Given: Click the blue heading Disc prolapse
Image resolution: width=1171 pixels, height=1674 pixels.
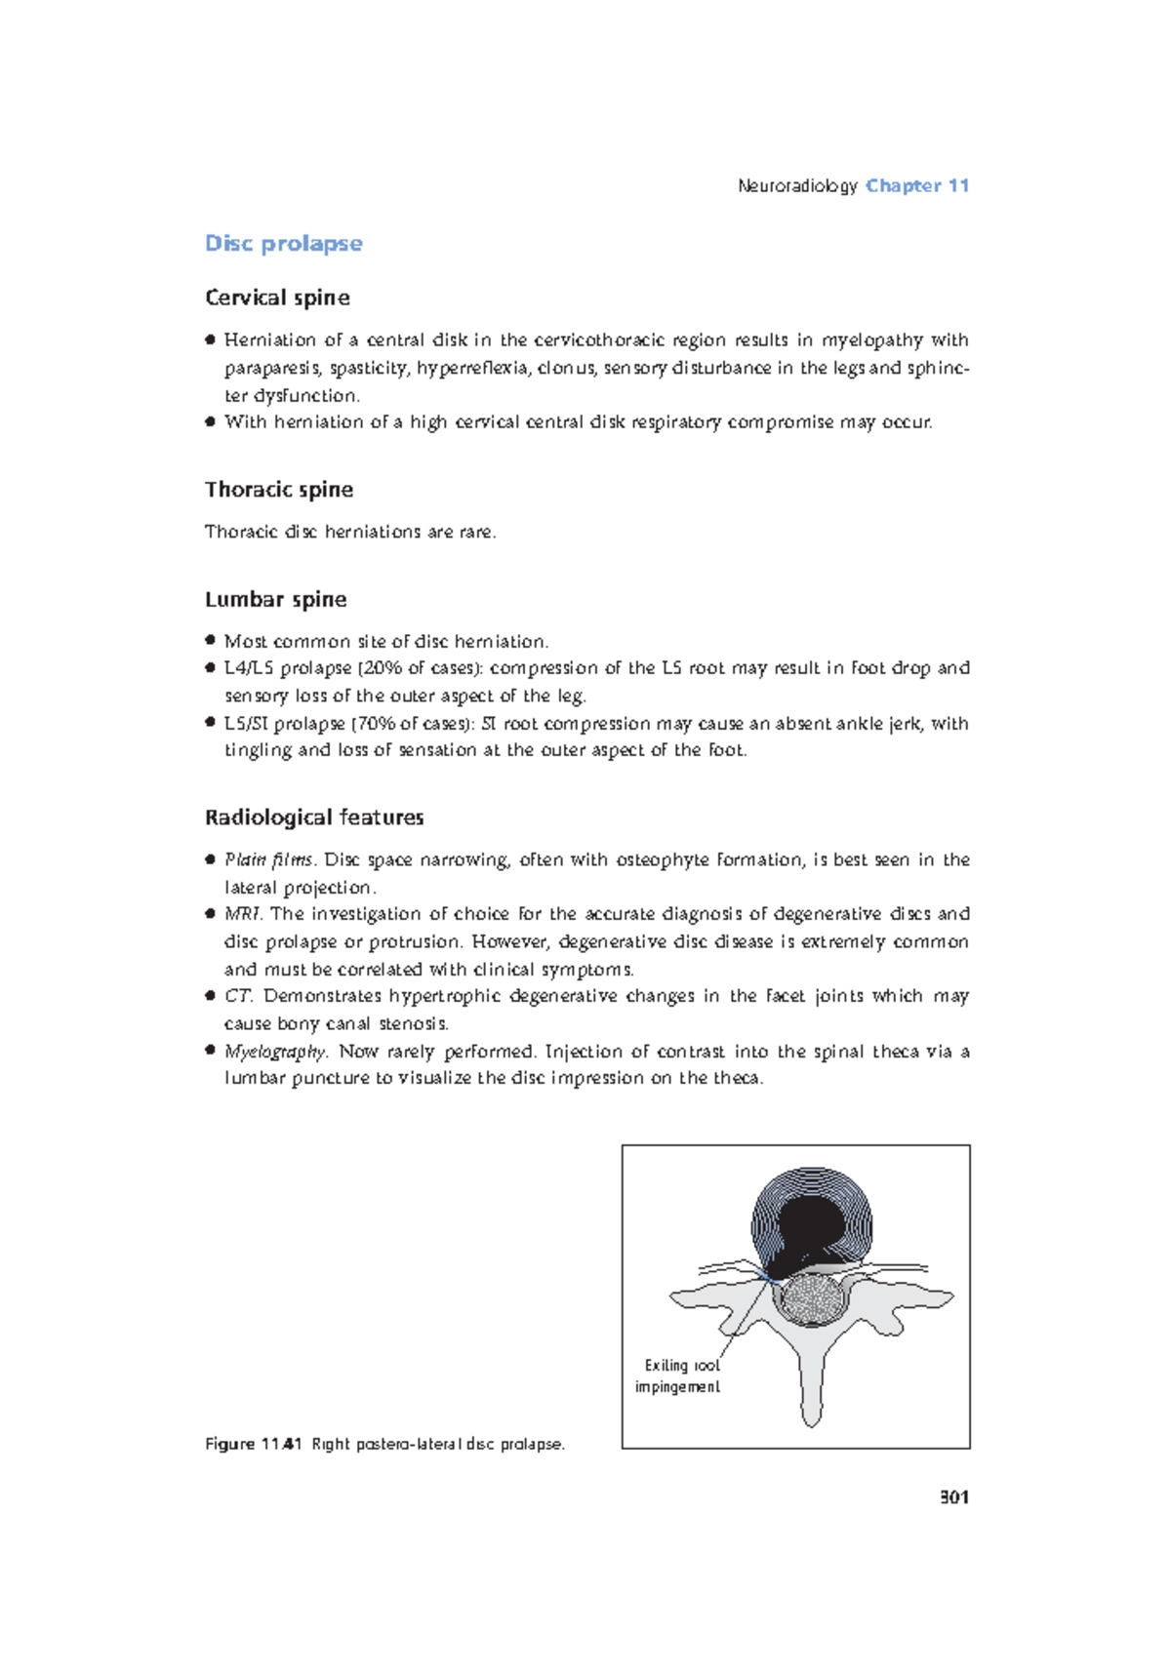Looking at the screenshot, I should [283, 243].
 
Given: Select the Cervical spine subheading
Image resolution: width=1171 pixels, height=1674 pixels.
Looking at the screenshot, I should [277, 298].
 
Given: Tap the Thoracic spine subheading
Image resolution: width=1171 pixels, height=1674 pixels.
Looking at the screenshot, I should [278, 490].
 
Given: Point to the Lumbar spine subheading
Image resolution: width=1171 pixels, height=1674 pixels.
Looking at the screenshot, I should [275, 599].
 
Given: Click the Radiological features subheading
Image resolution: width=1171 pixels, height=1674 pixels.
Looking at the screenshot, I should [314, 817].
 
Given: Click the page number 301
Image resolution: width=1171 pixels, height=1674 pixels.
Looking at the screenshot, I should [953, 1497].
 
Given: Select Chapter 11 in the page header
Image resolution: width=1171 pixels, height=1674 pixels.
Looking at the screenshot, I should [916, 185].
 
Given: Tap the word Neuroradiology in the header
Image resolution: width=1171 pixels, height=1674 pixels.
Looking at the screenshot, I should [797, 185].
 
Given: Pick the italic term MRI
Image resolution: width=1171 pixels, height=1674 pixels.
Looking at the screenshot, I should [243, 914].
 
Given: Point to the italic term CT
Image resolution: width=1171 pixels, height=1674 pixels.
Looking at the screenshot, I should [238, 996].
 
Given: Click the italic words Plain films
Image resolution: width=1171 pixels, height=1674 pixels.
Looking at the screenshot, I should [269, 859].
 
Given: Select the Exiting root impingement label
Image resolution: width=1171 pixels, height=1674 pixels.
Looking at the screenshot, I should [678, 1375].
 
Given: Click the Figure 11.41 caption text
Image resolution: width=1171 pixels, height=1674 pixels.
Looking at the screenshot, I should [384, 1444].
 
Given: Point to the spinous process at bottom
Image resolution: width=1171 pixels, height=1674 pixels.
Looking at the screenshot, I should [811, 1395].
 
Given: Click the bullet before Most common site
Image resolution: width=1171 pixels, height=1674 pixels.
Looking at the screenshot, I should [210, 640].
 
